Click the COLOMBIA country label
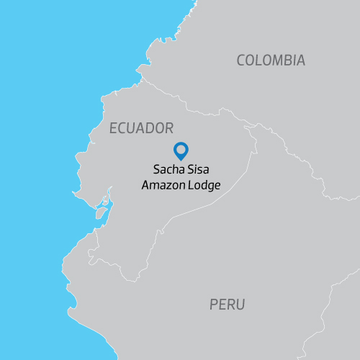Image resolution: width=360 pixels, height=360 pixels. [271, 60]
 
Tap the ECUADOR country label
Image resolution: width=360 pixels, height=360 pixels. [141, 129]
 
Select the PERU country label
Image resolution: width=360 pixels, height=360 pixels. [228, 305]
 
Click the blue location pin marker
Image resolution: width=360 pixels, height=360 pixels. [181, 151]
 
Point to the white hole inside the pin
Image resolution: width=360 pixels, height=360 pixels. [181, 150]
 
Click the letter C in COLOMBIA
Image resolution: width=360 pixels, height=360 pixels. [242, 60]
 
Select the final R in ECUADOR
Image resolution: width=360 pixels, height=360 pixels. [169, 129]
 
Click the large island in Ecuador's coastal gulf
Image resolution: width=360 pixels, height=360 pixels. [101, 213]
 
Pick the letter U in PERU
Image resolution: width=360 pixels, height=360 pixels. [240, 305]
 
